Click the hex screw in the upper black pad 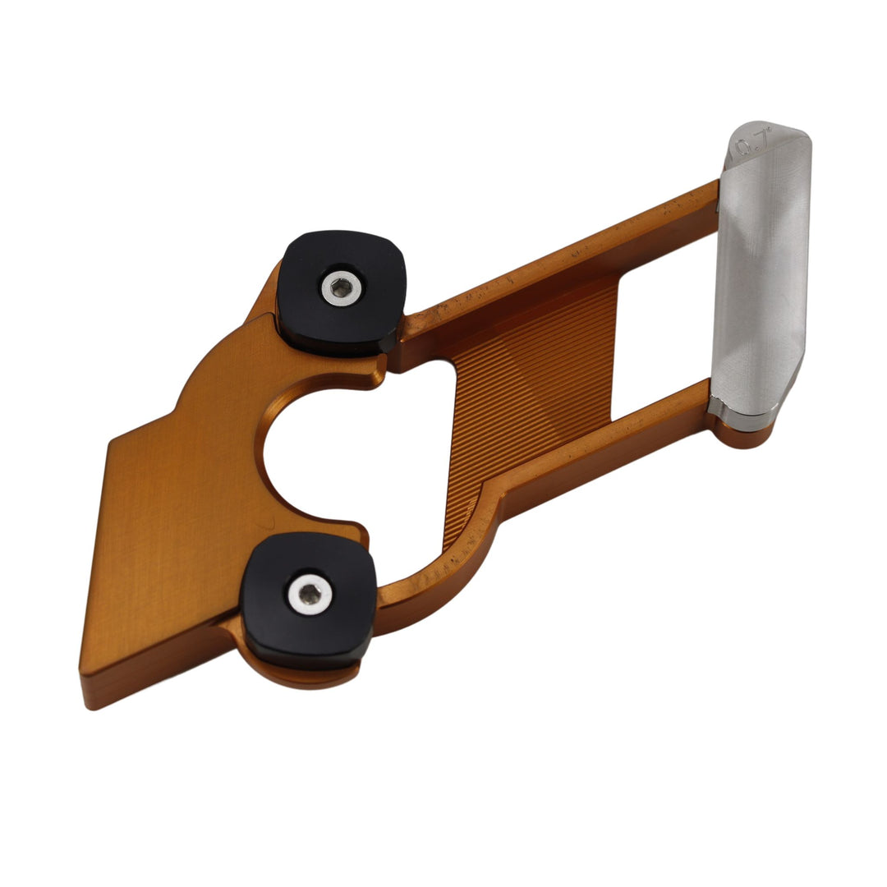tap(341, 287)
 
